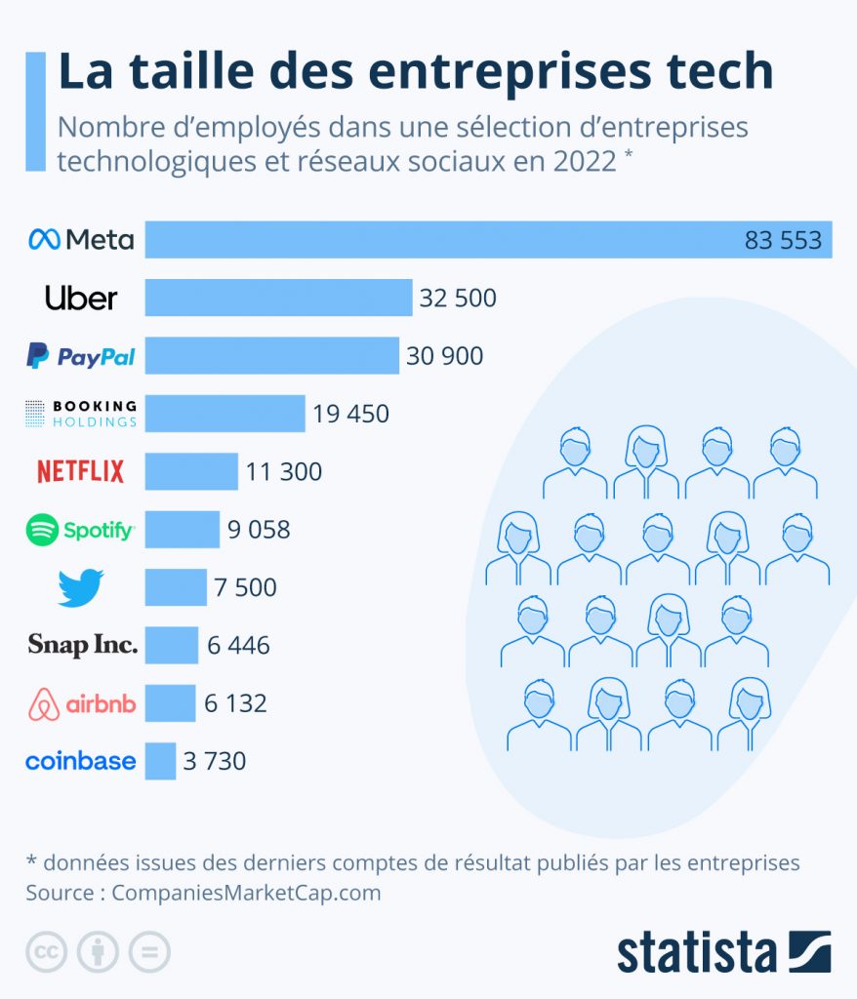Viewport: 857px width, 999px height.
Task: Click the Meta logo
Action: point(81,239)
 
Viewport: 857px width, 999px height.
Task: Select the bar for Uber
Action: point(278,298)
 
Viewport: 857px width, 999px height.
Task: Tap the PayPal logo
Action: point(81,357)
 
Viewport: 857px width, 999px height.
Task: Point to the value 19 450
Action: point(351,414)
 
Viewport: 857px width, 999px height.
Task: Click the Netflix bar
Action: point(191,472)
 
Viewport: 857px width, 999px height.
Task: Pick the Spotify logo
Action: point(81,530)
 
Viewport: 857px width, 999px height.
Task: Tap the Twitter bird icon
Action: point(81,588)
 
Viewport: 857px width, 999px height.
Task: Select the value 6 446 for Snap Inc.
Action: point(239,645)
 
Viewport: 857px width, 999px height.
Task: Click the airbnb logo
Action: point(82,703)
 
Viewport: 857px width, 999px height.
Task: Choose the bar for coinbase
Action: point(160,761)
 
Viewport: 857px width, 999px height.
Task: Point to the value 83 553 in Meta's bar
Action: point(783,240)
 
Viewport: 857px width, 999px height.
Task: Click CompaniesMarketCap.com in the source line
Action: point(245,893)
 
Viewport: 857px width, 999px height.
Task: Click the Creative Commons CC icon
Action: point(46,952)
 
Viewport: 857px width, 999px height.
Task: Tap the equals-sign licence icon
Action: point(149,952)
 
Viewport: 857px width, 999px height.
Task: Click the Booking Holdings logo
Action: point(81,414)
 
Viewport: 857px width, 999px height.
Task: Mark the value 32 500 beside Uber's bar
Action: point(458,299)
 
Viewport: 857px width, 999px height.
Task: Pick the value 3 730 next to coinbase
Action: point(215,761)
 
